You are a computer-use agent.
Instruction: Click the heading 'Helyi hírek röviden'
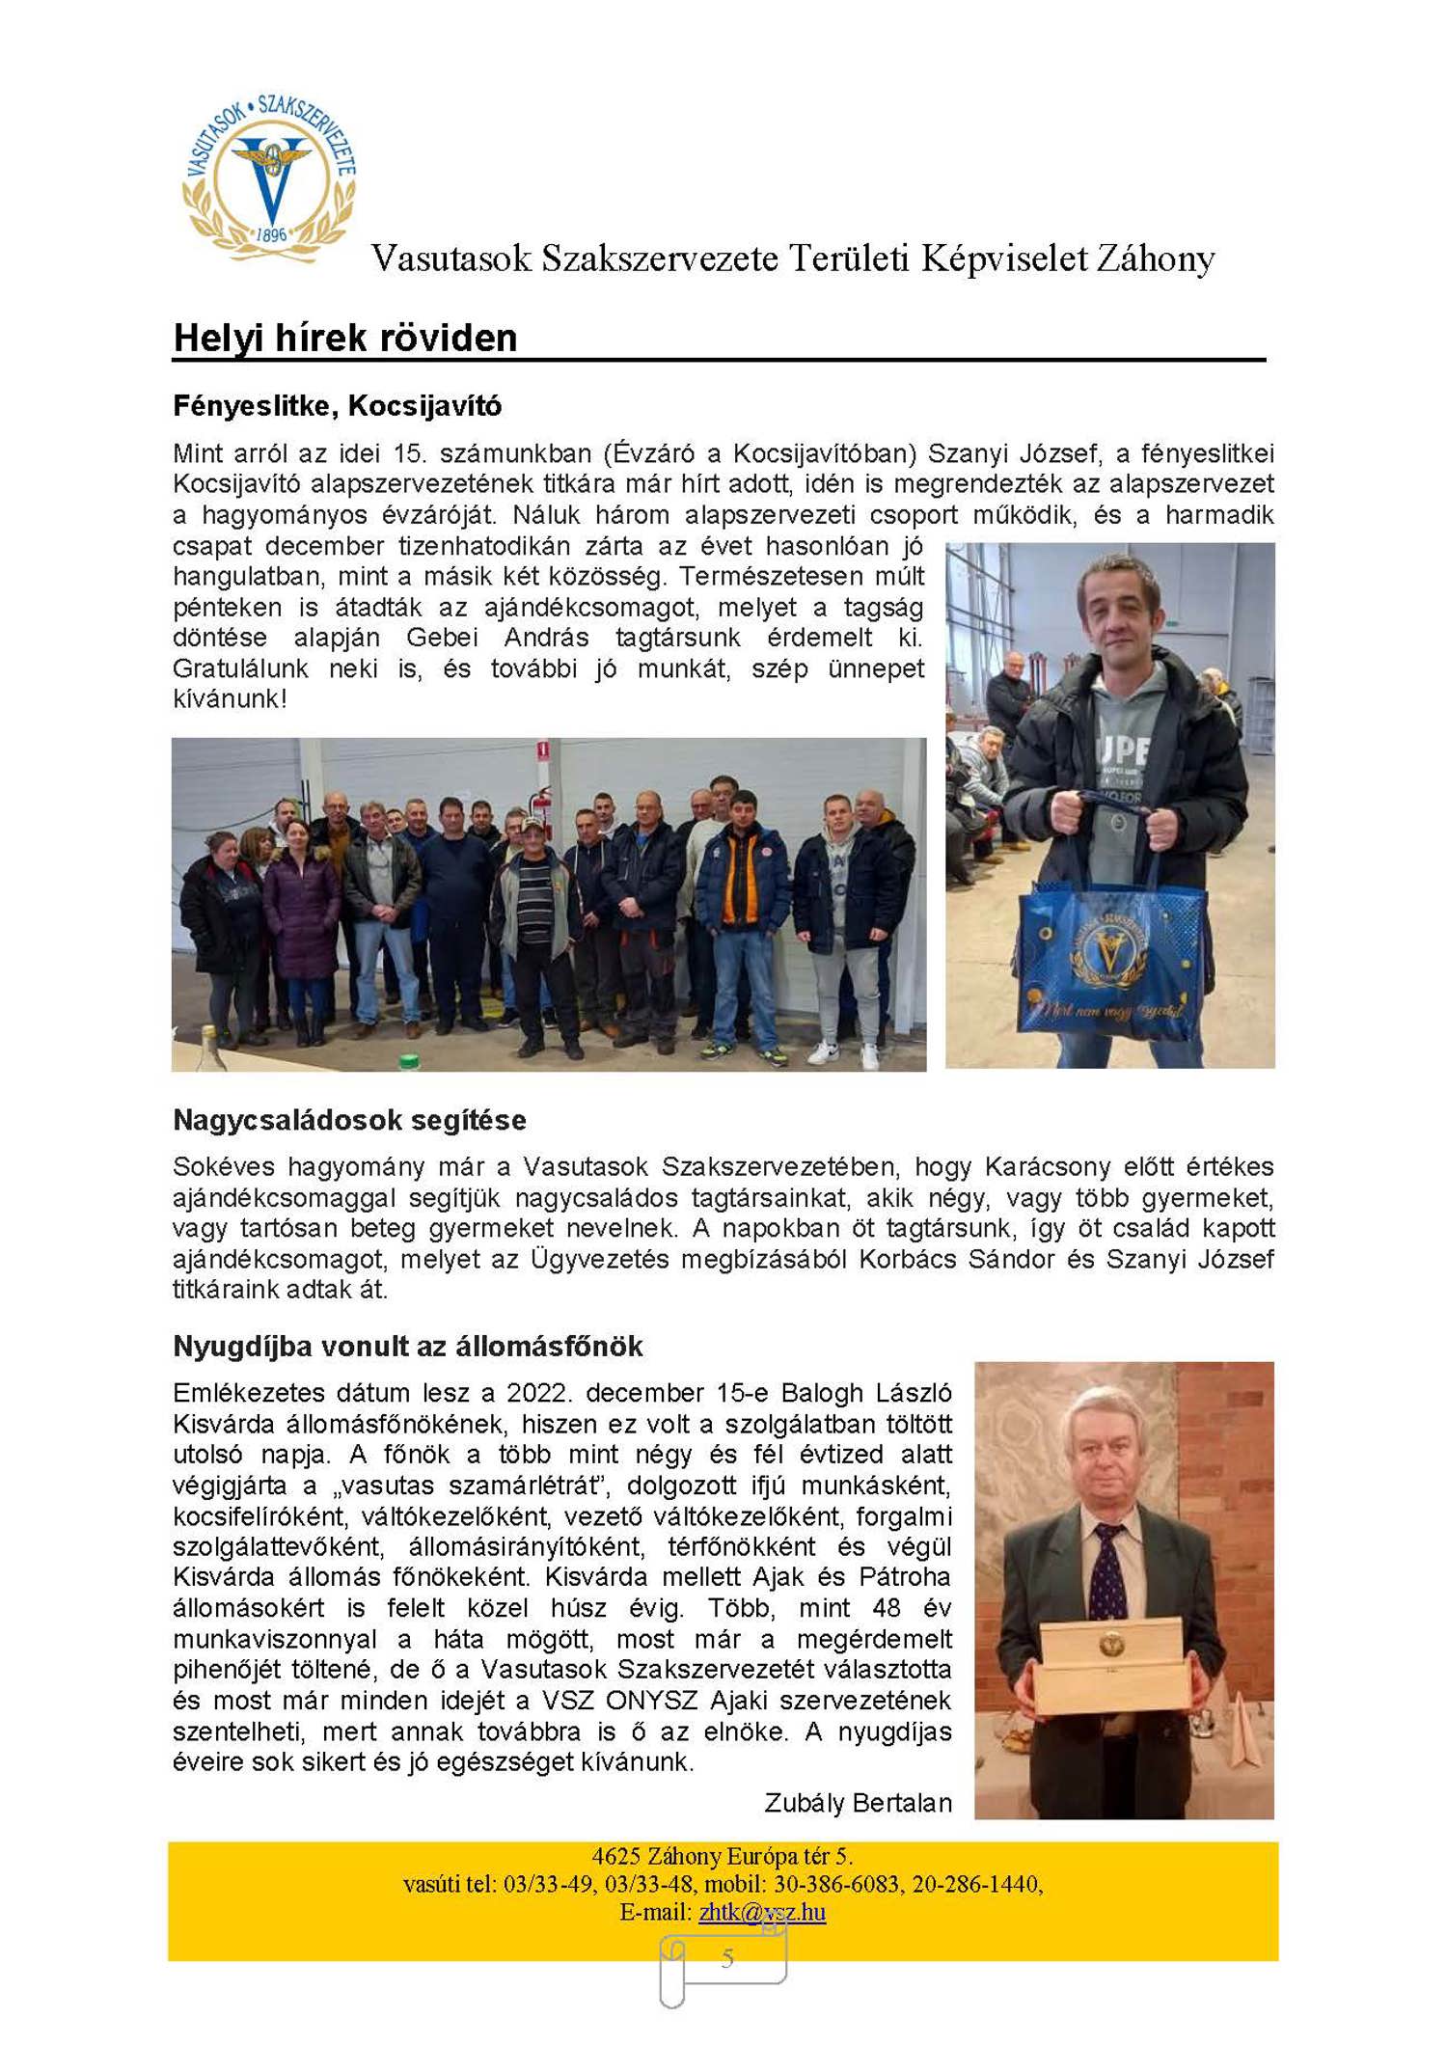click(x=344, y=338)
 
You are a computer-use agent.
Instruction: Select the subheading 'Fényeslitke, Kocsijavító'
click(x=337, y=406)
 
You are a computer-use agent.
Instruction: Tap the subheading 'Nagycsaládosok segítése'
click(x=349, y=1120)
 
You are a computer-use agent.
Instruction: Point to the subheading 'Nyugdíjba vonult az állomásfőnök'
click(x=407, y=1347)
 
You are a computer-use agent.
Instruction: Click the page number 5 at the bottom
click(x=727, y=1957)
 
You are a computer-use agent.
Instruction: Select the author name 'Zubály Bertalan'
click(x=858, y=1803)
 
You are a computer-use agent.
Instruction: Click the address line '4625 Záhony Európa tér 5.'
click(x=722, y=1856)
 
